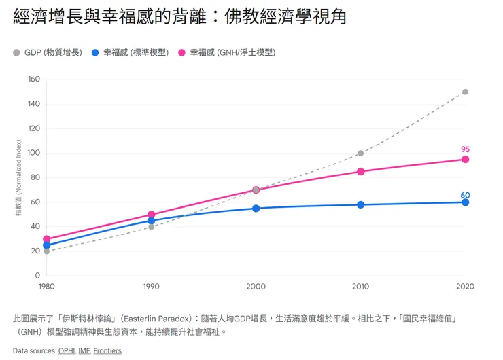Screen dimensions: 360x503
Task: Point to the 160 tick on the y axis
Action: coord(33,79)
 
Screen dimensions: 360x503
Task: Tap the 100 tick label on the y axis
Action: coord(33,154)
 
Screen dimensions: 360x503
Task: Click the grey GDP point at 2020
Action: coord(465,92)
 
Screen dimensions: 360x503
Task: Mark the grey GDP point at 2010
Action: coord(360,154)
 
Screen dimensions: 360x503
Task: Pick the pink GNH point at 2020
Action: coord(465,160)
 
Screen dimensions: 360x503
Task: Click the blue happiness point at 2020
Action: coord(465,202)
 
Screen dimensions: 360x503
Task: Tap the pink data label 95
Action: coord(465,149)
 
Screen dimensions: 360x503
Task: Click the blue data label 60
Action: coord(465,195)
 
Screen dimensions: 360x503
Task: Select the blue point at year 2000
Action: coord(256,209)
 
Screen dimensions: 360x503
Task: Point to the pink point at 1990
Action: coord(151,215)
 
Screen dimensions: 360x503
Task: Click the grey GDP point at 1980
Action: coord(46,251)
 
